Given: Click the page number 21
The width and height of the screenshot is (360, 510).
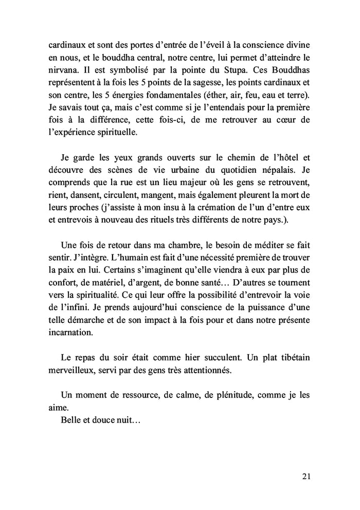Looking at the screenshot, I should coord(307,476).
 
